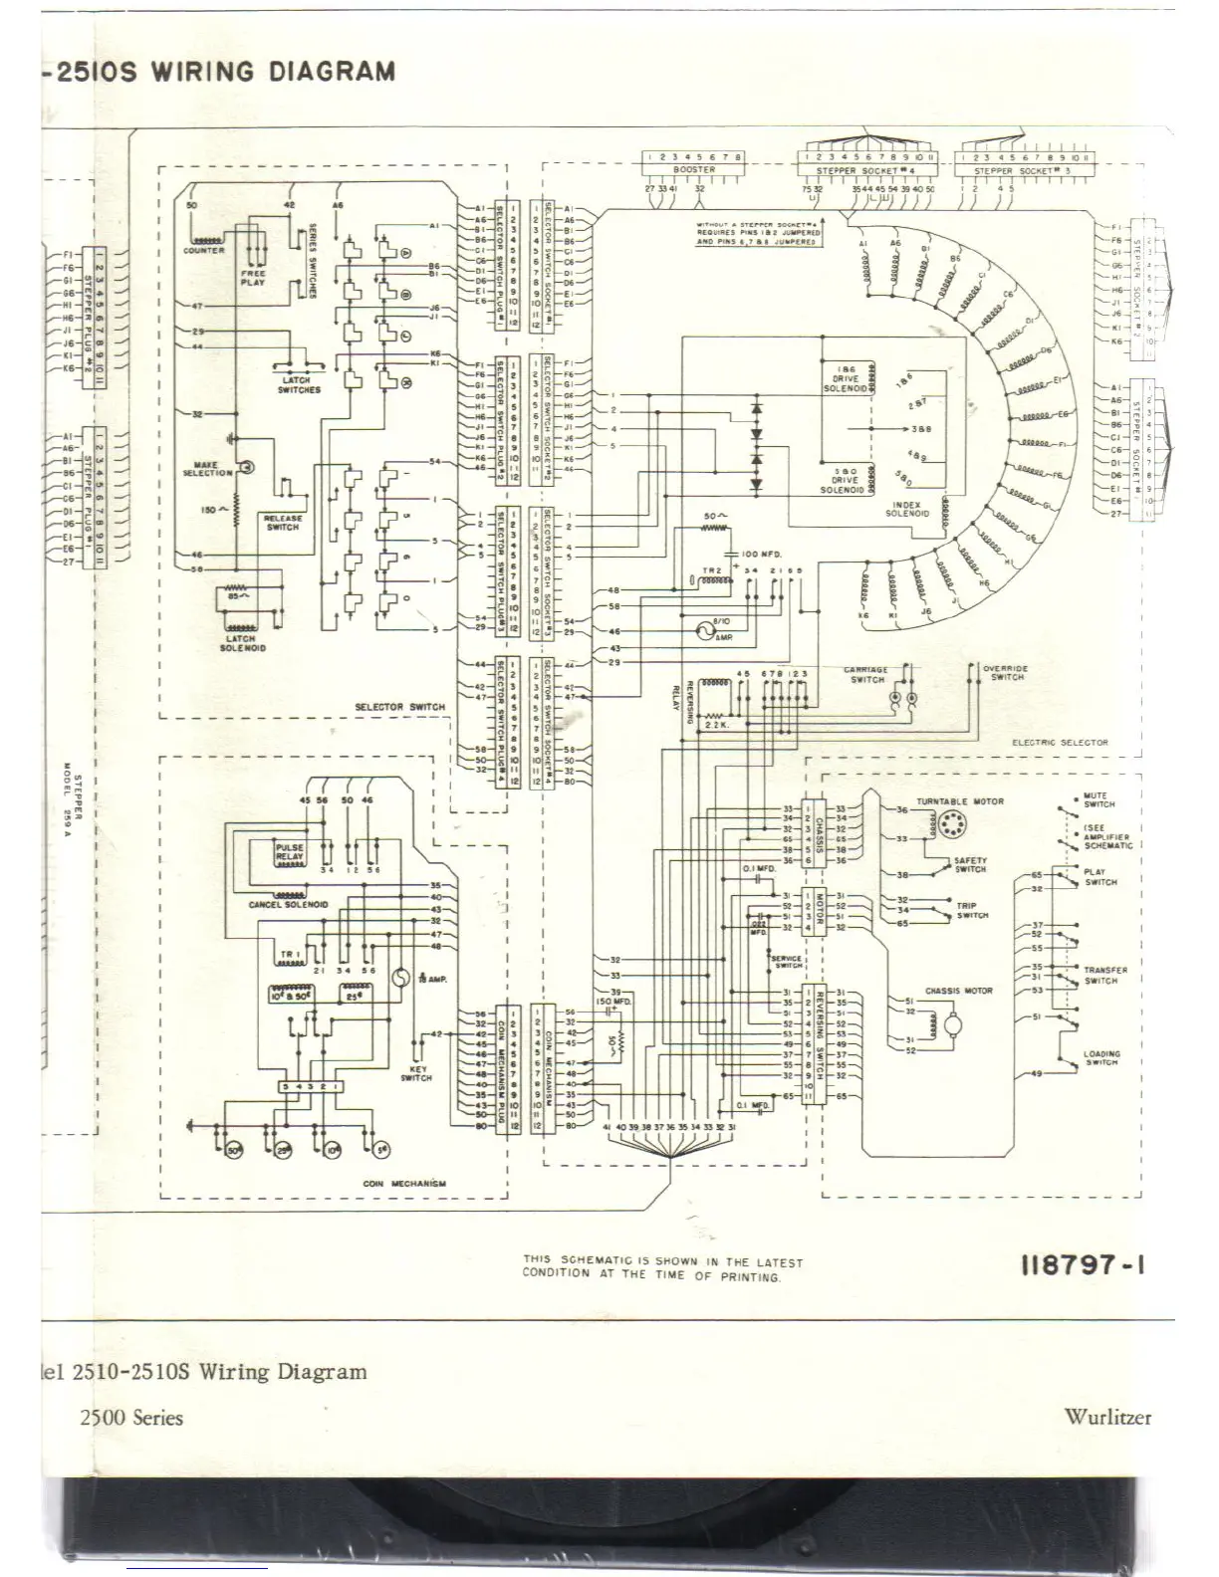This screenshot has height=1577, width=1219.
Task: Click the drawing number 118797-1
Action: [x=1082, y=1266]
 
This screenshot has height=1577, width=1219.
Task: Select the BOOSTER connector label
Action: [x=693, y=170]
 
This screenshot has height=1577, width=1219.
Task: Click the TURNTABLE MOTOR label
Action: [x=960, y=801]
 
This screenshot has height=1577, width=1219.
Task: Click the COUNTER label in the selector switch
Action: [x=203, y=251]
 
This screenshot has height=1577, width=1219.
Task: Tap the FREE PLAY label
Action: [x=253, y=278]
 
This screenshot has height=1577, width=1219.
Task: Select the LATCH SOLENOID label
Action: [x=239, y=644]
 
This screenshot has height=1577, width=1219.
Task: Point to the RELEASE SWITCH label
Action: [x=283, y=523]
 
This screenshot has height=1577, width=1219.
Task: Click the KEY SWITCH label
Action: [x=415, y=1073]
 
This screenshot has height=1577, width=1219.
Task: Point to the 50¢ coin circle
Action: [x=236, y=1150]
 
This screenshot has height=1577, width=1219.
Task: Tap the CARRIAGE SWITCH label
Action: [x=866, y=675]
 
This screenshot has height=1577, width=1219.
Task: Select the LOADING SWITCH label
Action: [x=1101, y=1057]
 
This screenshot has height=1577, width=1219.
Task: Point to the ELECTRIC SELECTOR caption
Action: [x=1059, y=743]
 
